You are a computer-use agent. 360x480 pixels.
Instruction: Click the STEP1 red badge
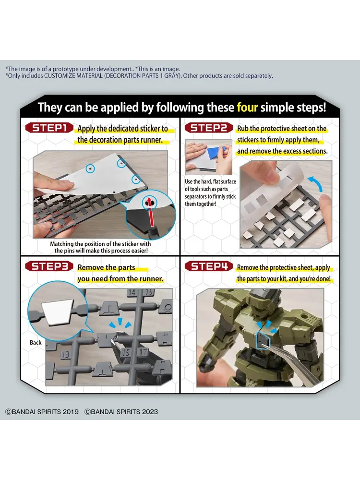49,128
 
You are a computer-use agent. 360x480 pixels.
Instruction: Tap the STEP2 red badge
208,128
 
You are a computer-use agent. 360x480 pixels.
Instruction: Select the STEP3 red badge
49,266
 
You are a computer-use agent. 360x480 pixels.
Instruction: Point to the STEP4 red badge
208,266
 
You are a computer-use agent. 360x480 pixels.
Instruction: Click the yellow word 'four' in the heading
247,108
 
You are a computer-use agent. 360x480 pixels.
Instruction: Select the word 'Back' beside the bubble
36,343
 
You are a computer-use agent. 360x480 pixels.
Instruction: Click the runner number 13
65,355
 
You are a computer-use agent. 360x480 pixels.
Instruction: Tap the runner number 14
132,292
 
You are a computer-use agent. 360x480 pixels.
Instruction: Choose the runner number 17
143,352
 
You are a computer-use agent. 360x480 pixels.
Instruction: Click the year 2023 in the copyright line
150,412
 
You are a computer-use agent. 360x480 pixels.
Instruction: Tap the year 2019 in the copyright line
71,412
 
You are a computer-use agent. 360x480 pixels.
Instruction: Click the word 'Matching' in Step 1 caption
62,244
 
